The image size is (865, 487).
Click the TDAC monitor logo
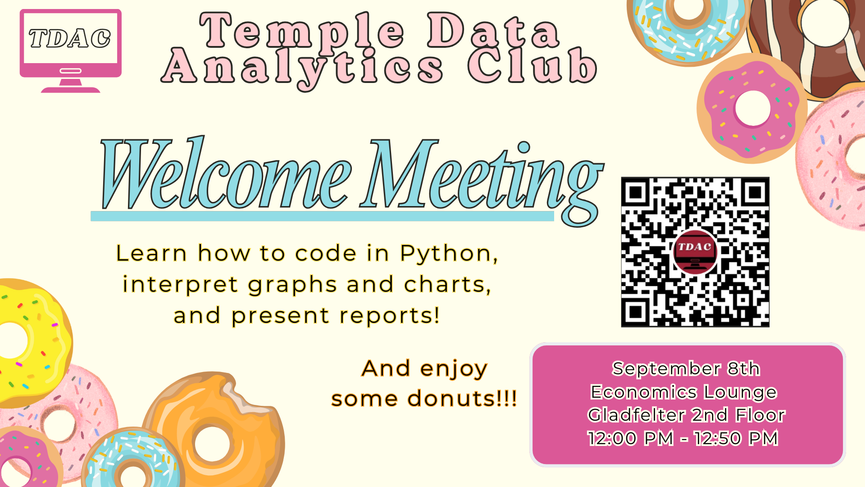click(x=71, y=51)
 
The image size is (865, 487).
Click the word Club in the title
click(x=532, y=66)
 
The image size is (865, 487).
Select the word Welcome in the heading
click(x=225, y=174)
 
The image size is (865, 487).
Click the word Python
click(x=449, y=254)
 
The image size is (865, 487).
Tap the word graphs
click(x=292, y=285)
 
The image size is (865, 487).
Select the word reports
click(x=390, y=315)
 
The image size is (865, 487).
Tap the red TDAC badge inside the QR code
click(x=695, y=252)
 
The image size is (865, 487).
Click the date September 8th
click(x=686, y=369)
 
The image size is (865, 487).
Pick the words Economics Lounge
click(x=684, y=392)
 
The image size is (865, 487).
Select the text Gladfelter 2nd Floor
click(x=686, y=415)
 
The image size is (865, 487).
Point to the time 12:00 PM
click(x=631, y=438)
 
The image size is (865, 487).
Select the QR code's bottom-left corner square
click(x=636, y=312)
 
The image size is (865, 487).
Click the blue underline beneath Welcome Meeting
click(x=322, y=216)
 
